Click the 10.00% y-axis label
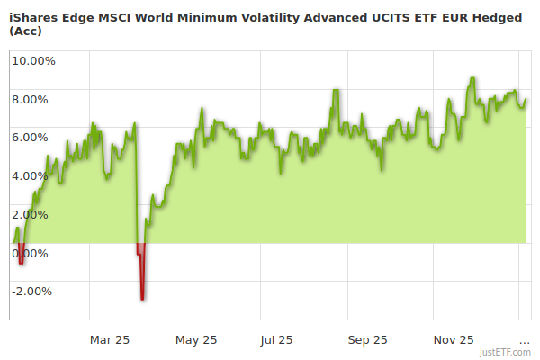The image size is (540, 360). pyautogui.click(x=34, y=61)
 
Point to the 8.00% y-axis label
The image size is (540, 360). pyautogui.click(x=34, y=100)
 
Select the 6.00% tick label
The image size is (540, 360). pyautogui.click(x=34, y=138)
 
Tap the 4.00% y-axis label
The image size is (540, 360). pyautogui.click(x=34, y=176)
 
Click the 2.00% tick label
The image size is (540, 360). pyautogui.click(x=34, y=214)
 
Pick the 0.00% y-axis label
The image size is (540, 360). pyautogui.click(x=34, y=253)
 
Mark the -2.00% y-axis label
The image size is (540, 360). pyautogui.click(x=32, y=292)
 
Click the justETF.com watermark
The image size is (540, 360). pyautogui.click(x=505, y=353)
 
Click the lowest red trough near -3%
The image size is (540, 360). pyautogui.click(x=142, y=298)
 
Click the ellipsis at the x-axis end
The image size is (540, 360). pyautogui.click(x=525, y=340)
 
